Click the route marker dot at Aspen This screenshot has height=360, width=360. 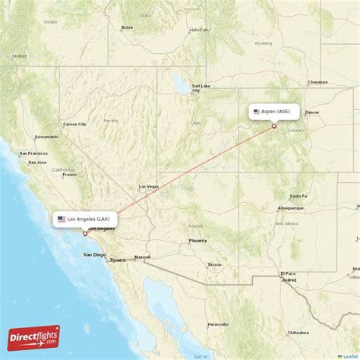[x=274, y=126]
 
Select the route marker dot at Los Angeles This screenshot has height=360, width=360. [x=85, y=233]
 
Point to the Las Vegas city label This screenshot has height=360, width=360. [x=148, y=186]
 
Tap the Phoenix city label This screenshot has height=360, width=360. [x=197, y=241]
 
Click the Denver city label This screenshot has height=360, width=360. [x=312, y=112]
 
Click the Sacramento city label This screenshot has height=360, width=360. [x=46, y=137]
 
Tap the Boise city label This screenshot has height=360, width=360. [x=127, y=27]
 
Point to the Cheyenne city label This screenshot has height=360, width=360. [x=317, y=82]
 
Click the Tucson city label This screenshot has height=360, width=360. [x=214, y=264]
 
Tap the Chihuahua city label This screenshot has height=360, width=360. [x=298, y=333]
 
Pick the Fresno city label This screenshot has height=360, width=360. [x=70, y=174]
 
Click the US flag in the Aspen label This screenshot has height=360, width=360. [x=257, y=111]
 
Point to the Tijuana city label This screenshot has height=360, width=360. [x=117, y=260]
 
